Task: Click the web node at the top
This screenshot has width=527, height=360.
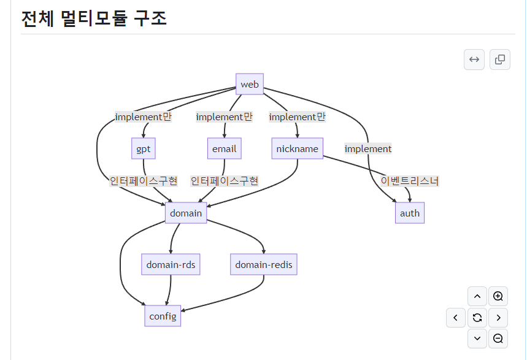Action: pos(250,84)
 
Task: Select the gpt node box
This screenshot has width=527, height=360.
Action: pos(143,148)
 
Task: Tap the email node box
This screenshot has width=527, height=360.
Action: pos(224,148)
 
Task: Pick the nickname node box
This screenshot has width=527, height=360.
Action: pos(297,148)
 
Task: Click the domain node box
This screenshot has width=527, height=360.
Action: pos(186,213)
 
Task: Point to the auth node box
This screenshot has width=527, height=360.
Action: pos(409,213)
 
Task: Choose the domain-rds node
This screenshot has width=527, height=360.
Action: pos(171,264)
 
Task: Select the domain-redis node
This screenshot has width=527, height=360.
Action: pos(264,264)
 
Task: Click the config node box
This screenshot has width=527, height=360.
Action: pos(163,316)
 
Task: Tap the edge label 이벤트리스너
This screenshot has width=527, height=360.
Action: pos(410,181)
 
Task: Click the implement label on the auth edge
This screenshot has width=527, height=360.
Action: pos(367,148)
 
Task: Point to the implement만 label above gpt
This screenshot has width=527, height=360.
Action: pos(143,117)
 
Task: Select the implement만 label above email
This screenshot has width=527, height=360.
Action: pos(224,117)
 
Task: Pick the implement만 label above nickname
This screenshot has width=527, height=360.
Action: pos(297,117)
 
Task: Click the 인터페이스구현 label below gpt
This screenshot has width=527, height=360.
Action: pos(144,181)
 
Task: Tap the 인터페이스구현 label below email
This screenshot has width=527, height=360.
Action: pos(224,181)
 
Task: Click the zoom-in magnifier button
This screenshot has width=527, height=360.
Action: pos(498,296)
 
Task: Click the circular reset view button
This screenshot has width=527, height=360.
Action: pos(477,317)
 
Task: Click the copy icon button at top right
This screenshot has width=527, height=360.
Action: pos(499,59)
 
